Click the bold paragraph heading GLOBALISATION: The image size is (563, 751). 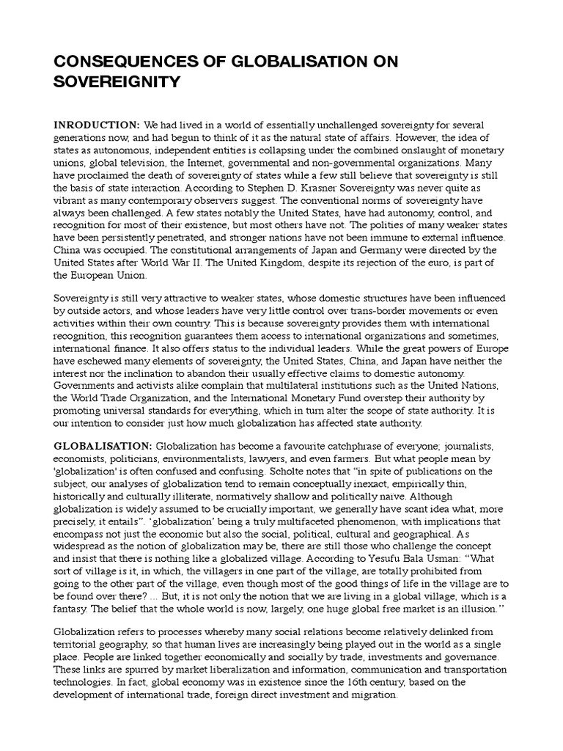pyautogui.click(x=103, y=447)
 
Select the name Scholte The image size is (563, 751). pyautogui.click(x=302, y=471)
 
